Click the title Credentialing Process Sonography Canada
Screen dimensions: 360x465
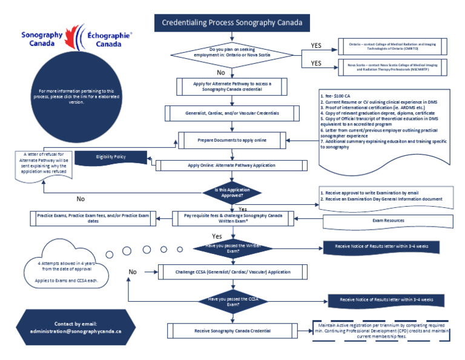[x=236, y=23]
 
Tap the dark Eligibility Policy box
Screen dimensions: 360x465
[x=109, y=157]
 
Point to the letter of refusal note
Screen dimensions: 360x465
[x=42, y=163]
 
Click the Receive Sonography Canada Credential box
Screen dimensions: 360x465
[x=233, y=331]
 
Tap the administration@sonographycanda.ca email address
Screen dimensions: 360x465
[x=76, y=332]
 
